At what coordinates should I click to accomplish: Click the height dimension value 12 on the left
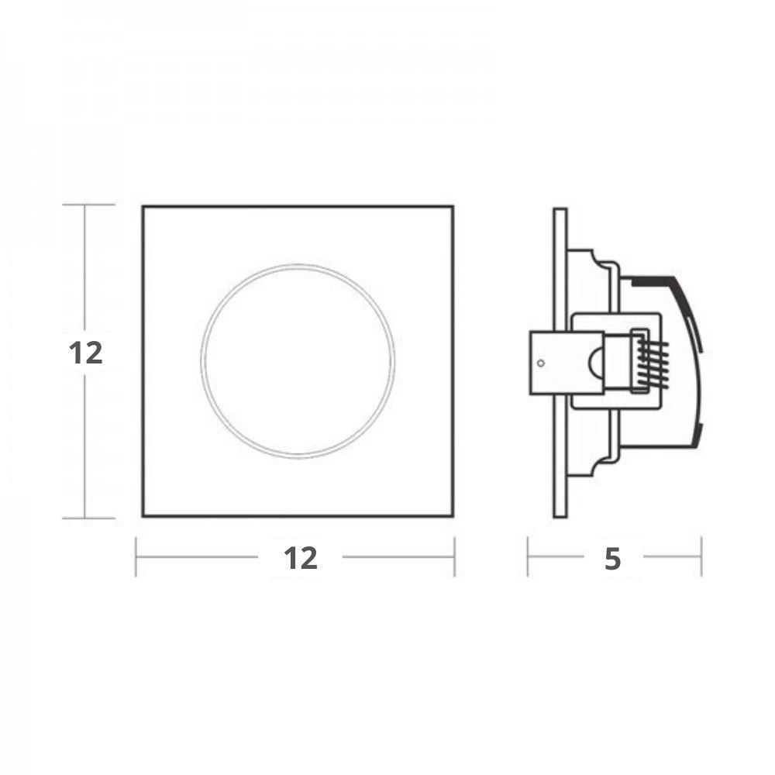pos(86,353)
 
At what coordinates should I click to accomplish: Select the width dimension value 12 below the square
pos(300,557)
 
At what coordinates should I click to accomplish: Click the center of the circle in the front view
pos(298,360)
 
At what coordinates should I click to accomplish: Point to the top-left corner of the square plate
pos(143,206)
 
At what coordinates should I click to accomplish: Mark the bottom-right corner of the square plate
pos(453,515)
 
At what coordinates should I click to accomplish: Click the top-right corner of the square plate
pos(453,206)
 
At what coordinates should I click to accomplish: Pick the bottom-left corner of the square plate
pos(143,515)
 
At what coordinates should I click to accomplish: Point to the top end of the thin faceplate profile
pos(560,210)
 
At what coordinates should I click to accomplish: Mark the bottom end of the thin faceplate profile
pos(560,516)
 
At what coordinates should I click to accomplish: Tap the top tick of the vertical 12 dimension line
pos(85,205)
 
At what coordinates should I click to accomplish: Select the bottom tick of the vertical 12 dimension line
pos(85,518)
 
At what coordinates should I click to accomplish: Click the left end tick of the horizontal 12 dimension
pos(136,556)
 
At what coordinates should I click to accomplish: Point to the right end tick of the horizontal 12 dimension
pos(454,556)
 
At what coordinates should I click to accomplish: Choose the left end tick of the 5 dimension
pos(528,556)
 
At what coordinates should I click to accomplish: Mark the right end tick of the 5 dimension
pos(701,556)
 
